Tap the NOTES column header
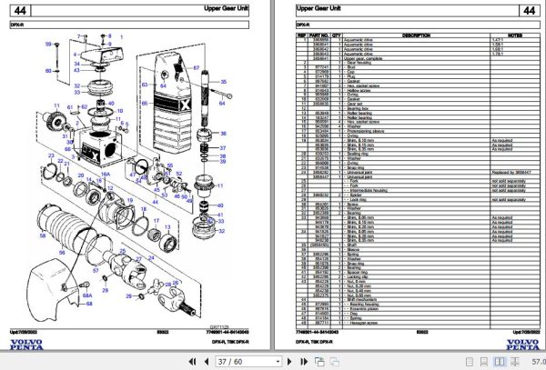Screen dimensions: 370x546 pos(504,35)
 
